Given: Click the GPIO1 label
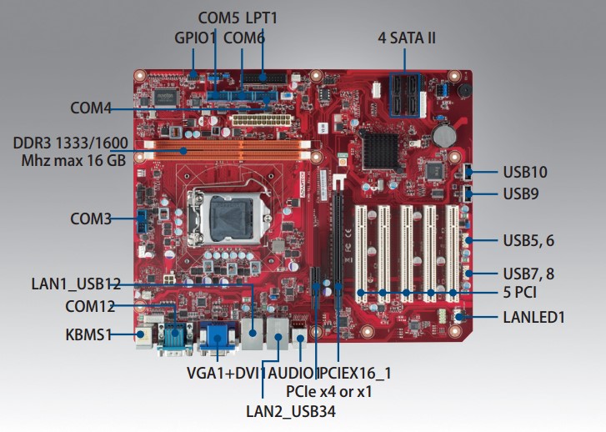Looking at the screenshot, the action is pos(195,38).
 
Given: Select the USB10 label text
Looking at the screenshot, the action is pos(524,173).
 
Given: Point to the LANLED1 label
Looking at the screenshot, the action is pos(533,317).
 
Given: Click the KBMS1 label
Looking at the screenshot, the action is pos(88,335).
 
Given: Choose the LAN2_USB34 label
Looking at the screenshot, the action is pos(290,409).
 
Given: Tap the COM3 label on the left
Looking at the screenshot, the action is pos(91,219).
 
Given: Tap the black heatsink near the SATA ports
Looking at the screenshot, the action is pos(385,148).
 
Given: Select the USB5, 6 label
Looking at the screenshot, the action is pos(528,240).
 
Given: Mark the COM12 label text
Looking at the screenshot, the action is pos(90,306).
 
